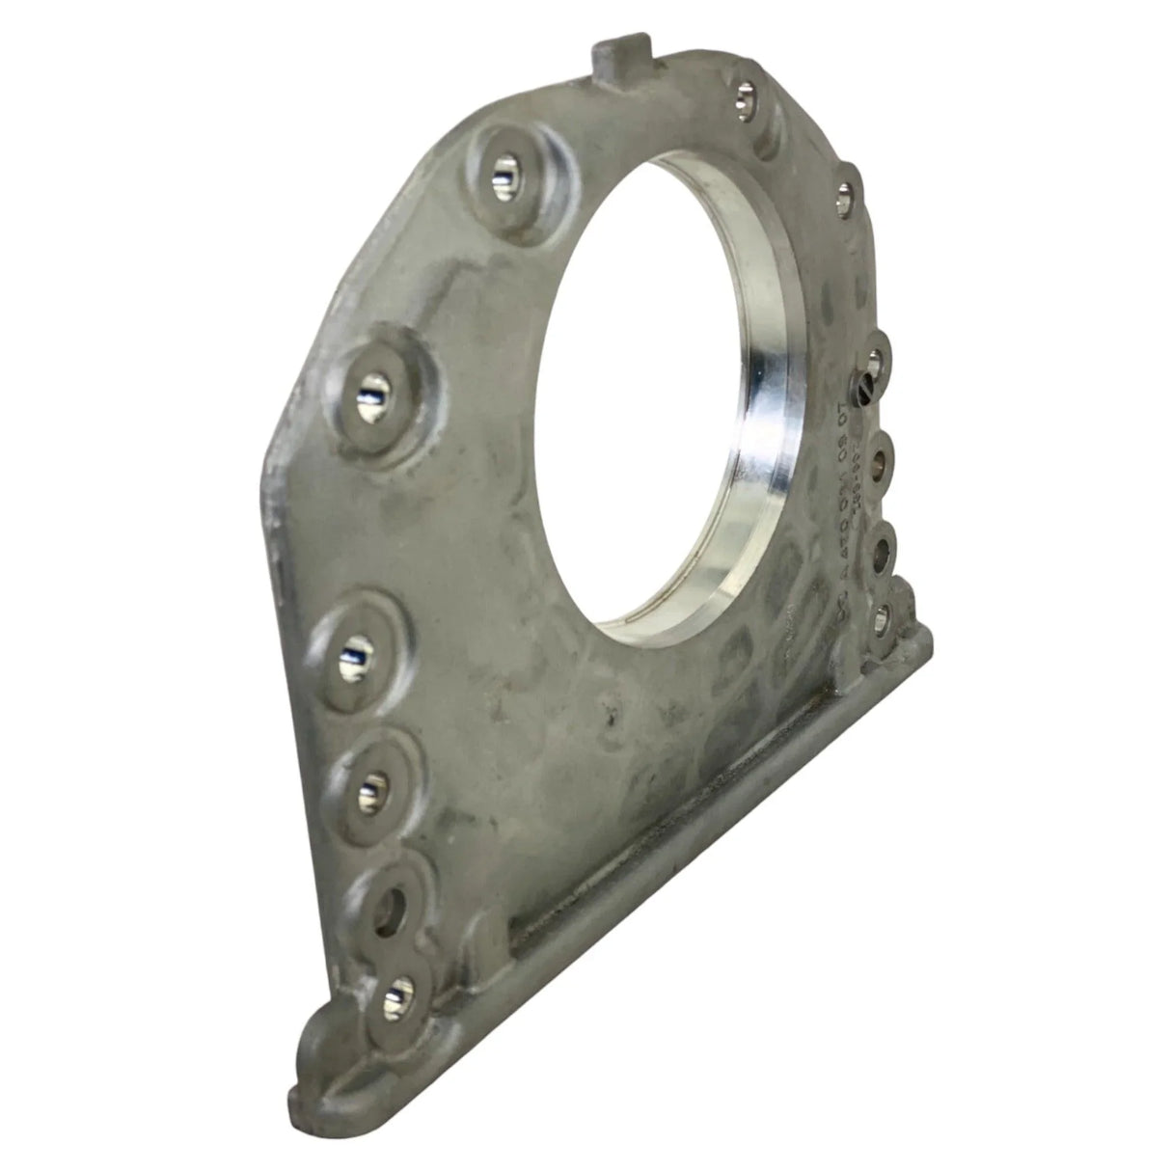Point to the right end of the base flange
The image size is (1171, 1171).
point(926,637)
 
